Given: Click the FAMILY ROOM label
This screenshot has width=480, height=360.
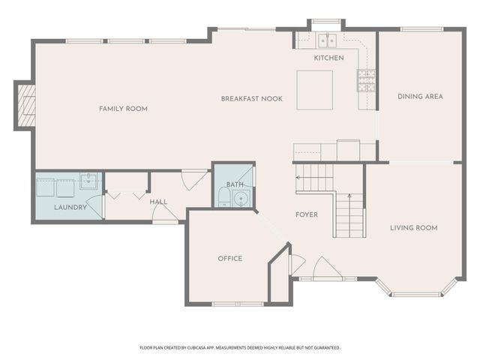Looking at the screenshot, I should [123, 109].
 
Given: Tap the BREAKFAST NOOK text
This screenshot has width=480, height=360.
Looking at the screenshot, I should [251, 99].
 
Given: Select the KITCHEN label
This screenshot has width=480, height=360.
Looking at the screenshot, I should [328, 58].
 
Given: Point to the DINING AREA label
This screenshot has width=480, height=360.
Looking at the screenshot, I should [420, 96].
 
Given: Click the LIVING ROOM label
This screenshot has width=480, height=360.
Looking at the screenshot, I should [413, 228].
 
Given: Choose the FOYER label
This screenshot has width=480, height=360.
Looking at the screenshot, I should [306, 214].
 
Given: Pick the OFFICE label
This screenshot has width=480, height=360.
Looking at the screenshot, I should [229, 259].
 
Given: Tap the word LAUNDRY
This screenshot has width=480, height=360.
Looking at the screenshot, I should [70, 207].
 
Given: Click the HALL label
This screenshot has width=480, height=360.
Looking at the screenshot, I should [158, 202].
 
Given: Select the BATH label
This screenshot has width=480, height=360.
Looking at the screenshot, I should [235, 184].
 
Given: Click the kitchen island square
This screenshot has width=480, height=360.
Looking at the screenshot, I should [314, 90].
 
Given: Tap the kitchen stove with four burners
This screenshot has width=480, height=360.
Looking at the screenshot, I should [366, 79].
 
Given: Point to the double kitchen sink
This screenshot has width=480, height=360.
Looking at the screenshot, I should [326, 40].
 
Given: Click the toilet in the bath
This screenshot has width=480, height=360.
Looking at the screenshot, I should [223, 198].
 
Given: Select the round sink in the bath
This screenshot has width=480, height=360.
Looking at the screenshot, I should [241, 199].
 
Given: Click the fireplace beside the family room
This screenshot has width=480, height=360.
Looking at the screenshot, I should [26, 105].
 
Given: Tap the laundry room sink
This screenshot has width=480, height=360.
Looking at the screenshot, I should [88, 181].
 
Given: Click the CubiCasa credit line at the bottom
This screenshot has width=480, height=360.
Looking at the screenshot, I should [240, 348].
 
